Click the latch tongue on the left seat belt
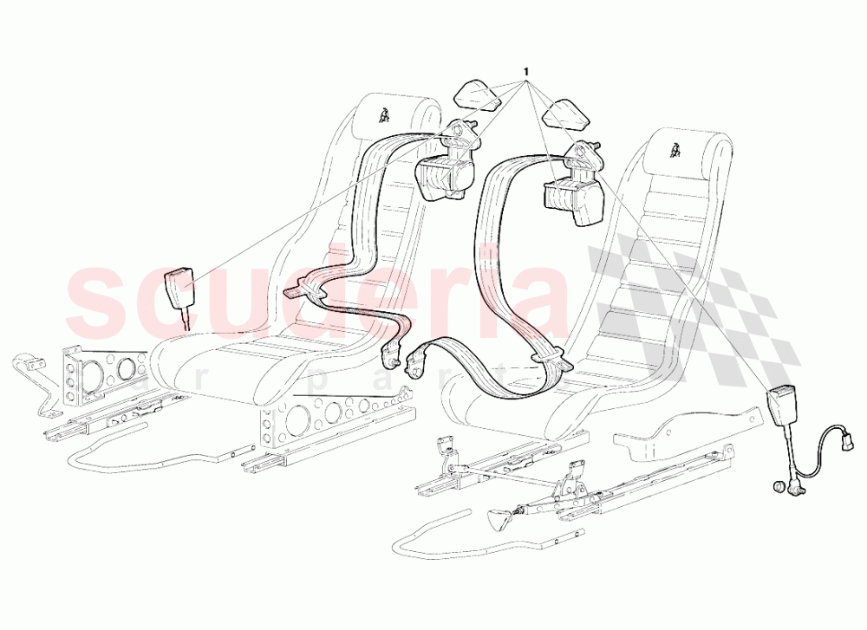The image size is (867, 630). tap(302, 289)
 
